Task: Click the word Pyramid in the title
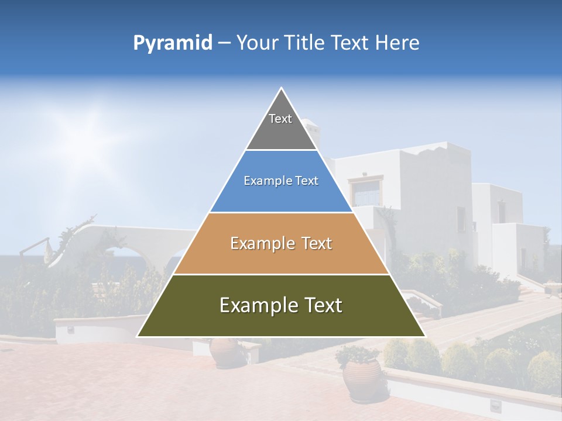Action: [x=173, y=43]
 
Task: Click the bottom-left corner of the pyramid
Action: [x=138, y=336]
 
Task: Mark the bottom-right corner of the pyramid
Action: [x=425, y=336]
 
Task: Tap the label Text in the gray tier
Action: [x=280, y=119]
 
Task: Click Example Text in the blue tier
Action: [x=281, y=181]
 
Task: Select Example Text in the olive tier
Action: [x=281, y=305]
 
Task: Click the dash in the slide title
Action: [x=224, y=43]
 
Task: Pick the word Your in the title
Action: [x=258, y=43]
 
